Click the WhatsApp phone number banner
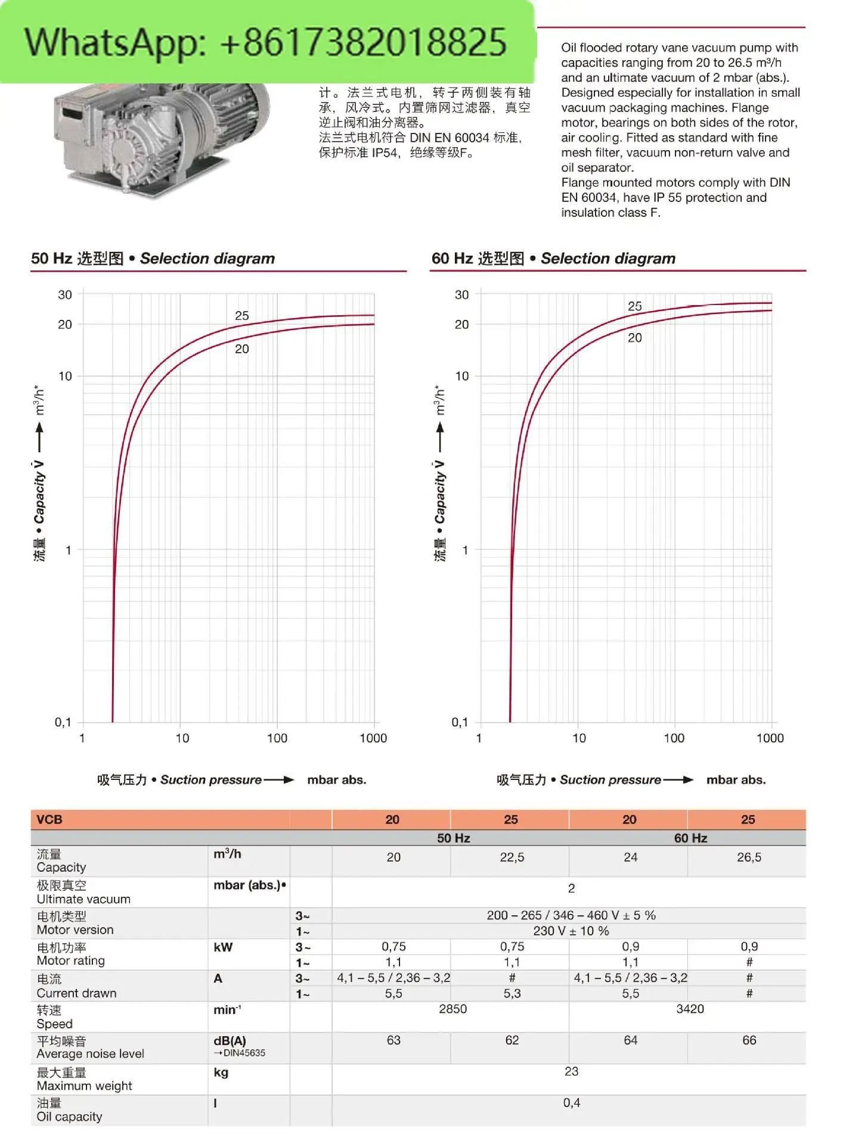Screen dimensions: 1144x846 (266, 42)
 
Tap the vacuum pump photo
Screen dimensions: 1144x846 (161, 137)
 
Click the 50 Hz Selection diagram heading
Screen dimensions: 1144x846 (153, 259)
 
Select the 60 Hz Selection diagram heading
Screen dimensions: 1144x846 (554, 259)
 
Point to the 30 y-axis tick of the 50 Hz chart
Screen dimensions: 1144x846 (65, 295)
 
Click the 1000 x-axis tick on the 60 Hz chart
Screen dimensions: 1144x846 (770, 738)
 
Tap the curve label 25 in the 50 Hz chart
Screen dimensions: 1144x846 (241, 316)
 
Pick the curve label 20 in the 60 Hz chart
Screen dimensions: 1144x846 (635, 338)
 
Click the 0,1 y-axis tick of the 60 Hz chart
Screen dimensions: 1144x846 (460, 722)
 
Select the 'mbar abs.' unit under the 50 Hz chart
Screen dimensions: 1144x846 (337, 780)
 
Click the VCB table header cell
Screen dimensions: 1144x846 (49, 820)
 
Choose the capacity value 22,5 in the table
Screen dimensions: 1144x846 (512, 857)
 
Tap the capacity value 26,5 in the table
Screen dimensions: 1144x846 (749, 857)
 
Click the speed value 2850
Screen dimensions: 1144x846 (453, 1009)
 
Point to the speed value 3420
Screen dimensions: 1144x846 (690, 1009)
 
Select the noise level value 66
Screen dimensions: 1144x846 (749, 1040)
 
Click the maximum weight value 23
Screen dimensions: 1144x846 (571, 1071)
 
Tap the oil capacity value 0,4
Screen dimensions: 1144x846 (571, 1103)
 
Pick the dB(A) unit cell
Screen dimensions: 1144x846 (230, 1042)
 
